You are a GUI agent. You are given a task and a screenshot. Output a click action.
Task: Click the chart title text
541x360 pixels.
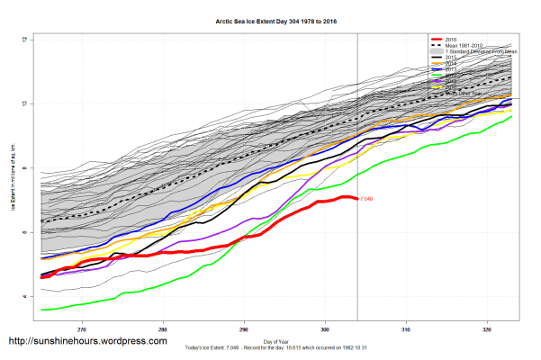coord(270,19)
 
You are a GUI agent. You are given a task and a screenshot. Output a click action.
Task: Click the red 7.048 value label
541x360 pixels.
coord(366,198)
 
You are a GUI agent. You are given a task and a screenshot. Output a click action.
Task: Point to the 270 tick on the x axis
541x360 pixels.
coord(83,328)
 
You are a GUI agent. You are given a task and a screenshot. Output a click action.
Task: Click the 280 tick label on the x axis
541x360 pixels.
coord(164,328)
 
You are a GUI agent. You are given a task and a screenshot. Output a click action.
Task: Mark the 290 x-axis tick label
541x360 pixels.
coord(244,328)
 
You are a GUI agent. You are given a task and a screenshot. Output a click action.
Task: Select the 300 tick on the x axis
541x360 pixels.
coord(325,328)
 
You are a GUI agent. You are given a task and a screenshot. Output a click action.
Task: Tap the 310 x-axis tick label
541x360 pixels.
coord(406,328)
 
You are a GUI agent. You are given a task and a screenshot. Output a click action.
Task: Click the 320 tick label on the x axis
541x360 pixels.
coord(487,328)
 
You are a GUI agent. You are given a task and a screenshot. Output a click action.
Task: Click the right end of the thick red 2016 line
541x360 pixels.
coord(355,197)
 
